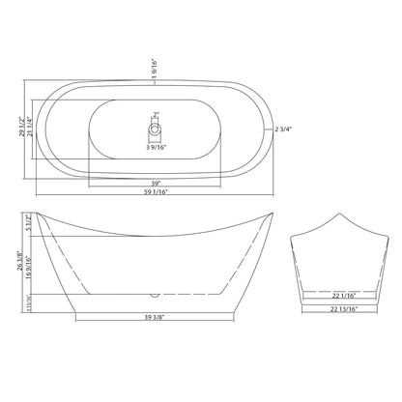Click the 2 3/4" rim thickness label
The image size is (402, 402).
(x=283, y=129)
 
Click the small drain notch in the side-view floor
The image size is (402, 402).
(x=154, y=292)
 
